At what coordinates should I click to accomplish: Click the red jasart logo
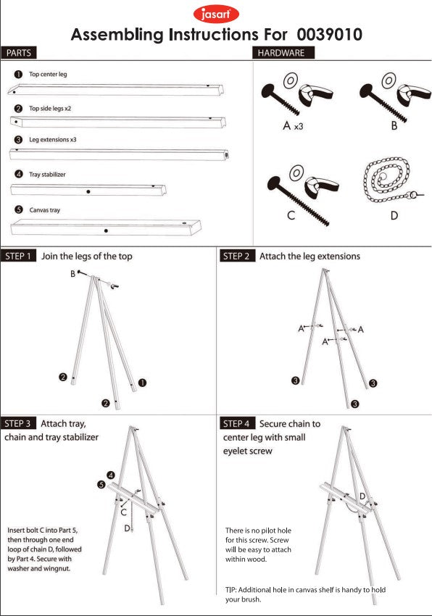216,14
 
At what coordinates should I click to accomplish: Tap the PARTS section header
18,53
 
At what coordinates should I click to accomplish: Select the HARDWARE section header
281,53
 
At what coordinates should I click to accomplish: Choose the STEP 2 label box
236,257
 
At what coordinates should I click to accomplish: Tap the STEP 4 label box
236,423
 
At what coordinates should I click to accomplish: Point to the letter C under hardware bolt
291,216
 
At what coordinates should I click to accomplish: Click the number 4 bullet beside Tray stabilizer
18,175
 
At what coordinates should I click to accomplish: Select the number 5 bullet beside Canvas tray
18,210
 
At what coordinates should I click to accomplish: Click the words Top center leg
48,75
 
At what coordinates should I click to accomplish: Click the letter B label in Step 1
72,274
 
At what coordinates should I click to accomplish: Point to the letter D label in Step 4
362,496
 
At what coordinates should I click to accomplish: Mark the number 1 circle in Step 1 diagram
143,382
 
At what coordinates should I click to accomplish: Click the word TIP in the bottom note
230,590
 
